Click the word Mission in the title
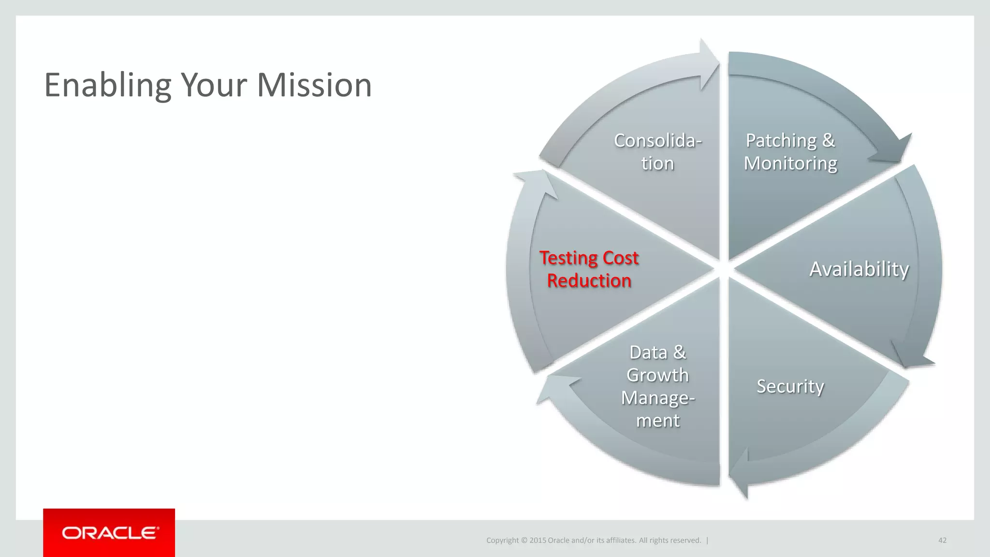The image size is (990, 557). pos(314,85)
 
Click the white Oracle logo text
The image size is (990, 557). pos(110,533)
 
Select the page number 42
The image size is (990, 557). pos(942,540)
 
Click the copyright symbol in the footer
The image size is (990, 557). pos(524,541)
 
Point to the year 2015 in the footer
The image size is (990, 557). pos(538,541)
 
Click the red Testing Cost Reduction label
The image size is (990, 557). pos(589,269)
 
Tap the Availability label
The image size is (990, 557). pos(859,269)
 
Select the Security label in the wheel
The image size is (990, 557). pos(790,386)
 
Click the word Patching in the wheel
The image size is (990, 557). pos(781,141)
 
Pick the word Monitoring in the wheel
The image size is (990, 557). pos(790,163)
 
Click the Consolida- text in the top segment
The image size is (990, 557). pos(657,141)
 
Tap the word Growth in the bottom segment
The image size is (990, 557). pos(657,375)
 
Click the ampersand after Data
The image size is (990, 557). pos(680,352)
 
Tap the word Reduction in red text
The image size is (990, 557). pos(589,281)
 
